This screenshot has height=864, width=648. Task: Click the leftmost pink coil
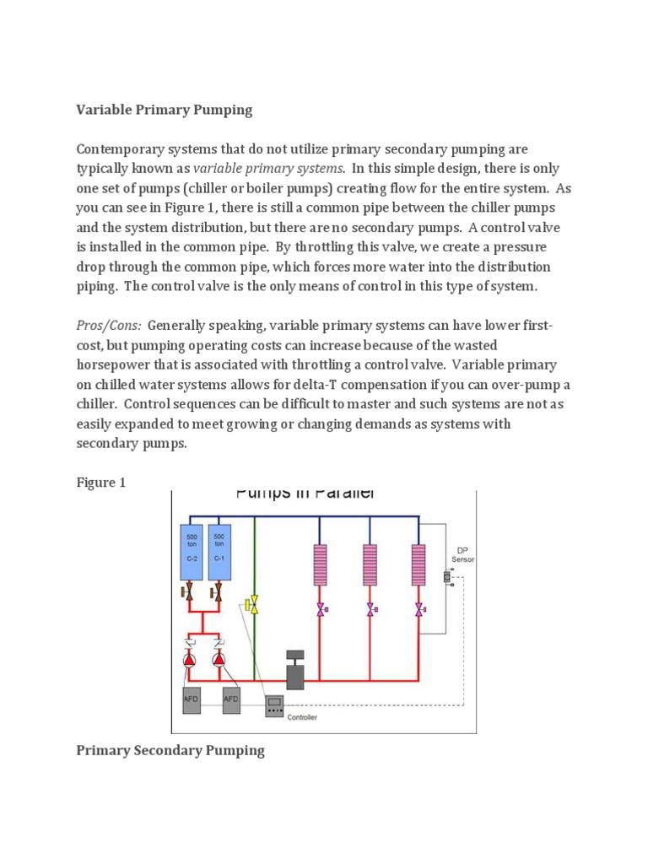[321, 564]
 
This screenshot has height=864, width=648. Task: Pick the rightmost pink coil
[418, 564]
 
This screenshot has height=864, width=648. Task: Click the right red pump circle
[219, 658]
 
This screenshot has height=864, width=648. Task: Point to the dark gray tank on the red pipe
[294, 673]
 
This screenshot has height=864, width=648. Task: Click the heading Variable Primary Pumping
[165, 110]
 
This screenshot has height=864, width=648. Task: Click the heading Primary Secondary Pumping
[170, 750]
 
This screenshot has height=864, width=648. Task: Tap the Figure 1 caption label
[100, 483]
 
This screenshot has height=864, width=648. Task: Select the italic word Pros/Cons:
[109, 326]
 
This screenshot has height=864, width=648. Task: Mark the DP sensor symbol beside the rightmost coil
[447, 577]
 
